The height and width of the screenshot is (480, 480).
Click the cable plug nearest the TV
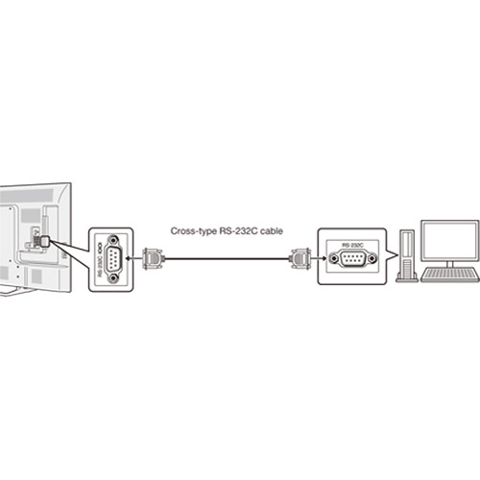click(153, 257)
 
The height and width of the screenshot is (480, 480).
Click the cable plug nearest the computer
click(299, 257)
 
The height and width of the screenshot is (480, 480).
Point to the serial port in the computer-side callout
click(350, 258)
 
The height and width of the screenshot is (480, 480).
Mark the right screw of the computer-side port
click(369, 258)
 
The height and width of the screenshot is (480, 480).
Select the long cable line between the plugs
click(226, 257)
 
